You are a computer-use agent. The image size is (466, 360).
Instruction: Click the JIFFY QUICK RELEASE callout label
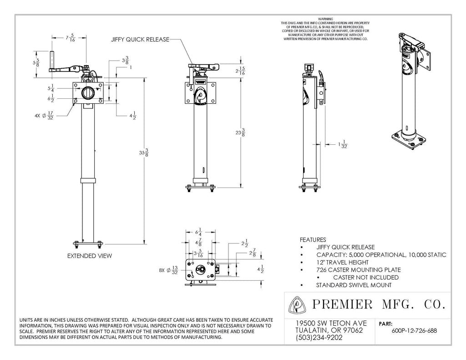point(140,39)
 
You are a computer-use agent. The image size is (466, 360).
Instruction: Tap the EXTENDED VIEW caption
point(90,256)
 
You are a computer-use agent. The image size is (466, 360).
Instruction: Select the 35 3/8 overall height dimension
point(144,153)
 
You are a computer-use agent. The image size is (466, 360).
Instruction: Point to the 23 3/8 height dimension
point(240,132)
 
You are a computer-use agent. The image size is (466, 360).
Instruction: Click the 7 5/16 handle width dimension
point(70,37)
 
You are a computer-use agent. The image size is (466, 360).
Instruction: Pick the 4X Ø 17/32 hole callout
point(44,115)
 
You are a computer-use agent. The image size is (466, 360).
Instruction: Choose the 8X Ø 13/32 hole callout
point(168,270)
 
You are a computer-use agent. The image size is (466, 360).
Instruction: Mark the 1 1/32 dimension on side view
point(343,144)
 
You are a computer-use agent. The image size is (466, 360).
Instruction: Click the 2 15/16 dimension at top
point(240,71)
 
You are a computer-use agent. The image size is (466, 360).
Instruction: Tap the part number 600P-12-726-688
point(414,330)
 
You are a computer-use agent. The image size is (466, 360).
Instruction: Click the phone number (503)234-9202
point(319,338)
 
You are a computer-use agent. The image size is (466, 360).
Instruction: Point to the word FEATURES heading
point(313,239)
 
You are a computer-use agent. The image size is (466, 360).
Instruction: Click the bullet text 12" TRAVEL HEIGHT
point(342,262)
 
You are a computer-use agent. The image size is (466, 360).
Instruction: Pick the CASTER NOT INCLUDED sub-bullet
point(366,277)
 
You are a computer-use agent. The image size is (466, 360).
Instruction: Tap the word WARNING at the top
point(325,19)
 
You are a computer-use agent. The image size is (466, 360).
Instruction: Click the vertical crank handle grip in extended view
point(52,61)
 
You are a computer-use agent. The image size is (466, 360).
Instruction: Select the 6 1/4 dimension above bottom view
point(198,232)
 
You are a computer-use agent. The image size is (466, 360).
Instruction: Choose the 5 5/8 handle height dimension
point(36,63)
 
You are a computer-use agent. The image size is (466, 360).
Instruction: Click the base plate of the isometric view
point(407,140)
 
